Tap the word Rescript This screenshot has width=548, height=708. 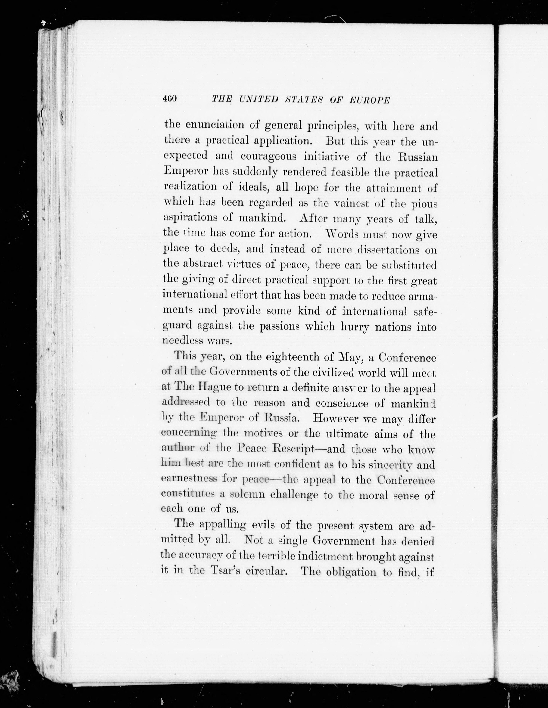(x=292, y=449)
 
